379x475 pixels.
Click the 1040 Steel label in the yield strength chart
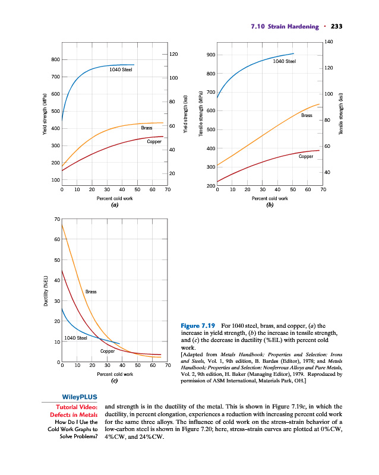point(121,69)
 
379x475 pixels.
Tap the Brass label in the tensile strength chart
point(307,115)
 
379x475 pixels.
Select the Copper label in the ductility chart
point(108,351)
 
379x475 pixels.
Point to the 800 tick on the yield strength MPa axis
point(55,60)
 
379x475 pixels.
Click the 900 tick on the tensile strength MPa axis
point(211,55)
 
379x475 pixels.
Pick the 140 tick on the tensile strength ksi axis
point(329,41)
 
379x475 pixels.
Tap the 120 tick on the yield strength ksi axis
point(173,54)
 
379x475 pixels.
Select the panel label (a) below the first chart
point(115,205)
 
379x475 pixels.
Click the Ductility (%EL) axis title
point(46,292)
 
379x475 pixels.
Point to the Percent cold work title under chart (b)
point(270,199)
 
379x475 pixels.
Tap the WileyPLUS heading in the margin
point(80,397)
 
